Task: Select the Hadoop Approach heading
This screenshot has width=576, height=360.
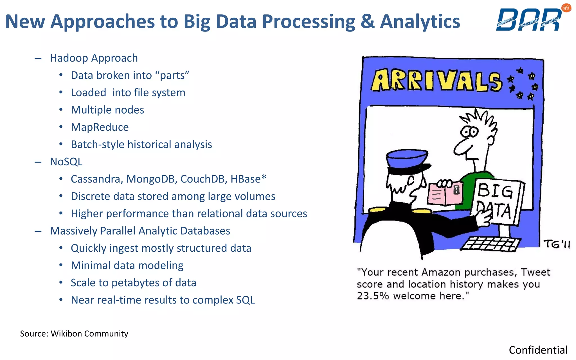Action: [x=94, y=58]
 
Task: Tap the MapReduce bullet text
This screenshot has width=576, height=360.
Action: [x=100, y=127]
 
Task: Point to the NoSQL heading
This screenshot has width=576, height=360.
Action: [x=66, y=162]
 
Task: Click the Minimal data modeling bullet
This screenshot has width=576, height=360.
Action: [x=127, y=265]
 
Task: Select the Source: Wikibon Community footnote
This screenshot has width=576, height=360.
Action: [x=74, y=334]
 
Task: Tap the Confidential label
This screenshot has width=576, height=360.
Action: [x=538, y=350]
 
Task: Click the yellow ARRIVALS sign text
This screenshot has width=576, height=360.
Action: [x=436, y=81]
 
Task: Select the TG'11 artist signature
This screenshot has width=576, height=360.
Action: [x=556, y=244]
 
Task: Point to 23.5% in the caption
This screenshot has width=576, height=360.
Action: [x=372, y=296]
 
